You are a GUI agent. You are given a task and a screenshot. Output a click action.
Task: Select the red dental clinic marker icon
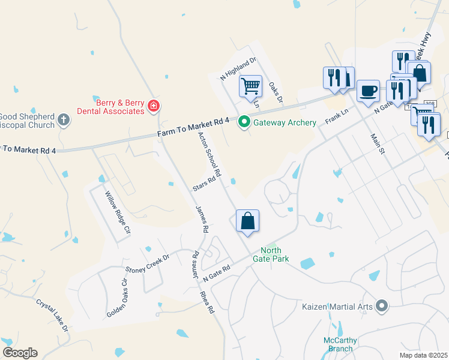(x=154, y=106)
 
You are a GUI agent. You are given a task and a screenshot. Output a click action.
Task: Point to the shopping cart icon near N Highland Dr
(x=250, y=85)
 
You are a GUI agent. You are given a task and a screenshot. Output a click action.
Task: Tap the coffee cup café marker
(x=368, y=91)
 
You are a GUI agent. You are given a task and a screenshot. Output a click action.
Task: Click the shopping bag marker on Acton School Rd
(x=247, y=221)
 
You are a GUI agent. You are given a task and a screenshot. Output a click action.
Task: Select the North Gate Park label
(x=274, y=254)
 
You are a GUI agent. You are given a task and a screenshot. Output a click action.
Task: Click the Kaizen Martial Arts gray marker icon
(x=382, y=307)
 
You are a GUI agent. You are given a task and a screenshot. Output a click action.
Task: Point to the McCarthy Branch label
(x=340, y=344)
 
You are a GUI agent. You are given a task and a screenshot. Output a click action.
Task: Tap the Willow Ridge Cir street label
(x=118, y=212)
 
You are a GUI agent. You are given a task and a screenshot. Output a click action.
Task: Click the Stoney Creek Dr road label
(x=147, y=263)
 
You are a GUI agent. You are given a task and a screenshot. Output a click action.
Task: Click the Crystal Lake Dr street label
(x=53, y=316)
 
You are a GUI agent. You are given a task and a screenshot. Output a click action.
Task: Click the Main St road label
(x=377, y=144)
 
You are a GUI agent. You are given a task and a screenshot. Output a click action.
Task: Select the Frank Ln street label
(x=337, y=116)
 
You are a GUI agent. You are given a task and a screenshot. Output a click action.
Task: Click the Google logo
(x=20, y=353)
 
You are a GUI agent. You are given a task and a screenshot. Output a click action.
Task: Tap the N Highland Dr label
(x=238, y=68)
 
